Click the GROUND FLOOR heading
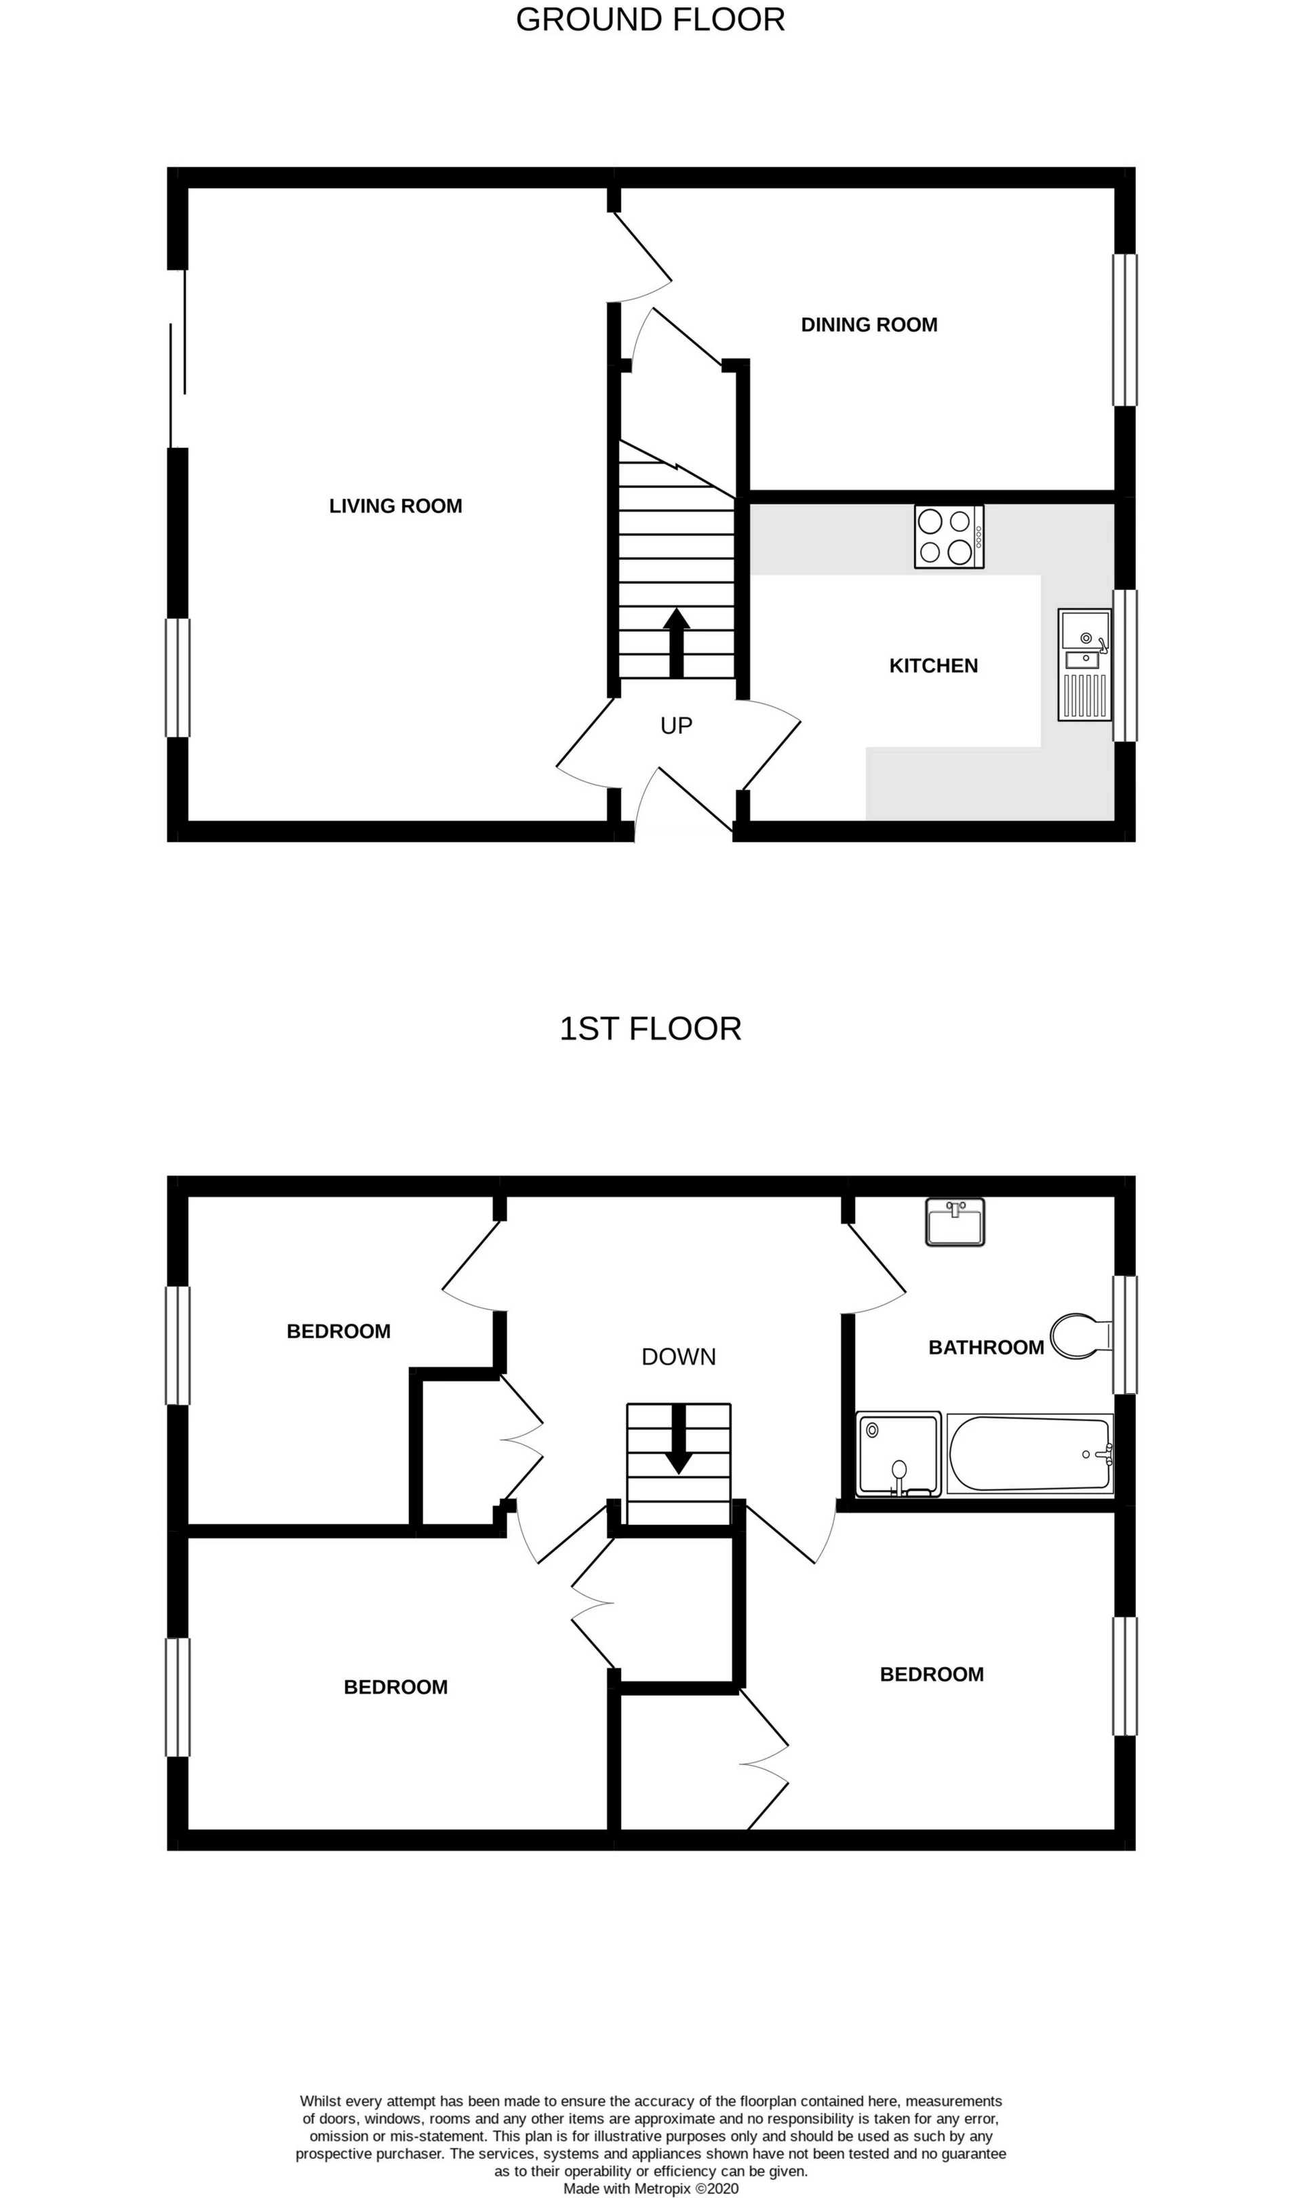click(x=650, y=19)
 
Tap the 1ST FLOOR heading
click(x=650, y=1028)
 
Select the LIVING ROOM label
click(x=396, y=506)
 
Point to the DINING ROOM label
click(x=869, y=325)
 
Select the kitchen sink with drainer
click(x=1084, y=664)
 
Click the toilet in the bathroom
click(x=1078, y=1336)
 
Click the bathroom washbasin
click(x=955, y=1222)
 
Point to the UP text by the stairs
click(x=677, y=725)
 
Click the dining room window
click(x=1125, y=330)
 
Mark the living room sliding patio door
click(x=178, y=358)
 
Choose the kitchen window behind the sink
click(x=1125, y=665)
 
